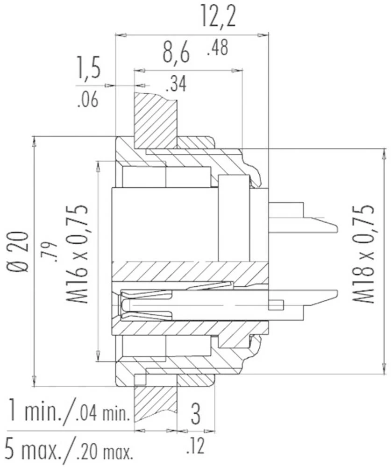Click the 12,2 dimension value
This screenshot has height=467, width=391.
pos(219,18)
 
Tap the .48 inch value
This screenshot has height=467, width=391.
pos(218,48)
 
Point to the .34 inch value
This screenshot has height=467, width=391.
pos(176,84)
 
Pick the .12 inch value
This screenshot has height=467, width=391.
pos(195,447)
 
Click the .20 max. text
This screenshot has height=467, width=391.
pos(106,451)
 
